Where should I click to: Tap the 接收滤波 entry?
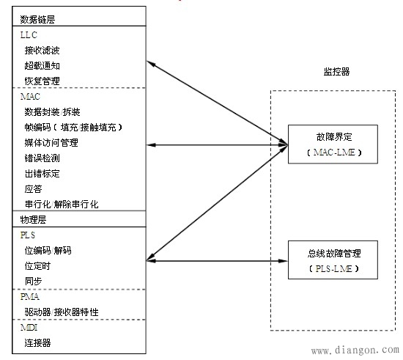pyautogui.click(x=41, y=51)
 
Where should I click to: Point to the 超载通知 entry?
pyautogui.click(x=41, y=66)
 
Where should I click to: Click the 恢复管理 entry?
pyautogui.click(x=41, y=81)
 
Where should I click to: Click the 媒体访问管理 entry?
pyautogui.click(x=51, y=142)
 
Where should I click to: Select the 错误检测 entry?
pyautogui.click(x=41, y=158)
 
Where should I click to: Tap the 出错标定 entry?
pyautogui.click(x=41, y=173)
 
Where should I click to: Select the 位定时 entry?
pyautogui.click(x=37, y=265)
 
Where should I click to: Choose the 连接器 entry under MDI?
pyautogui.click(x=37, y=342)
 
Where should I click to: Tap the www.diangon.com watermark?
pyautogui.click(x=354, y=351)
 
